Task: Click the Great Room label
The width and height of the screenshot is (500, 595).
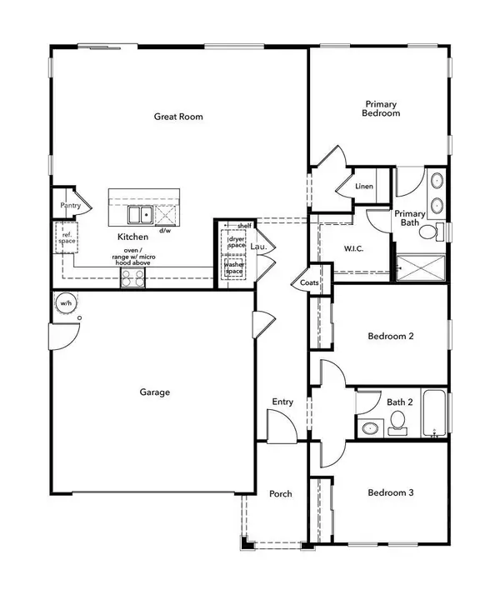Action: (178, 117)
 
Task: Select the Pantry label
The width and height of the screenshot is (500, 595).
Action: (68, 205)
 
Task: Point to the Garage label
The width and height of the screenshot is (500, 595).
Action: (154, 391)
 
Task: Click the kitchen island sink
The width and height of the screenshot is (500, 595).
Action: (138, 216)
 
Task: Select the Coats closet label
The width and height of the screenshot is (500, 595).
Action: (308, 283)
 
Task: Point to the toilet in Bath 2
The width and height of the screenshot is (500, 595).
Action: (398, 428)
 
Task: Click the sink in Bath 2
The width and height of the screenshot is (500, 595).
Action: (370, 429)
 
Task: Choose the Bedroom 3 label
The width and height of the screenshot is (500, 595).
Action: (391, 492)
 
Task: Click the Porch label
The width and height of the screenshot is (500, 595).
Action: (281, 493)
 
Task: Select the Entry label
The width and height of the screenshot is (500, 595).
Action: (282, 402)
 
